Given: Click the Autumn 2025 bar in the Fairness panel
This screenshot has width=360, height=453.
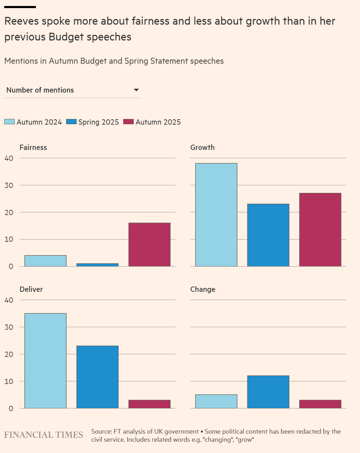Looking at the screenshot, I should pyautogui.click(x=149, y=244).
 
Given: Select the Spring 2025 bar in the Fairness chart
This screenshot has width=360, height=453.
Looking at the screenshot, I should pyautogui.click(x=97, y=265).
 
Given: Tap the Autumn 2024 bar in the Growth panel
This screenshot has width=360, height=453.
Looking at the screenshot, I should pyautogui.click(x=216, y=215).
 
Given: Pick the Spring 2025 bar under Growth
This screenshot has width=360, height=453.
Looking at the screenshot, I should pyautogui.click(x=268, y=235).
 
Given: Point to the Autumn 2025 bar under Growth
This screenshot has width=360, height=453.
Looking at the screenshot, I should pyautogui.click(x=320, y=229).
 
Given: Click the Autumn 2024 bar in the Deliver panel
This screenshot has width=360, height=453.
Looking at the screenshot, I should pyautogui.click(x=45, y=360).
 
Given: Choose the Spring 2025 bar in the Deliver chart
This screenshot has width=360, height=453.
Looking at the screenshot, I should pyautogui.click(x=97, y=377).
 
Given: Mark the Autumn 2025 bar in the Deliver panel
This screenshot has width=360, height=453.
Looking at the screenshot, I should pyautogui.click(x=149, y=404).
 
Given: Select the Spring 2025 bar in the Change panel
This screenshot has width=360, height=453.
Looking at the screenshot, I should pyautogui.click(x=268, y=392).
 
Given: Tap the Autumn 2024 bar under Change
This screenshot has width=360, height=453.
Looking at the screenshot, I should pyautogui.click(x=216, y=401).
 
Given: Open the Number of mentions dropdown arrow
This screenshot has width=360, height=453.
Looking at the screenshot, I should pyautogui.click(x=137, y=90).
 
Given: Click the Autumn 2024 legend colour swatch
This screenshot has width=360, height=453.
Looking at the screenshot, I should pyautogui.click(x=10, y=122).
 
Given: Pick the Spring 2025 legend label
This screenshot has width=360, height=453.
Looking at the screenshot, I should pyautogui.click(x=99, y=122).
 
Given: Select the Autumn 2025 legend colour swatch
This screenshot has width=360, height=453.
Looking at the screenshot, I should pyautogui.click(x=129, y=122).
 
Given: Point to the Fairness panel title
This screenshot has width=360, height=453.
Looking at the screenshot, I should pyautogui.click(x=33, y=147).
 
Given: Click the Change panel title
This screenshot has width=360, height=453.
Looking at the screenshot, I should pyautogui.click(x=203, y=289).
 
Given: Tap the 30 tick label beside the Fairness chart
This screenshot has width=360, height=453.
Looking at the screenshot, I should pyautogui.click(x=9, y=185).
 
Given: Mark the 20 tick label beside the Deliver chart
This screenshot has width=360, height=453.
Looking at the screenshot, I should pyautogui.click(x=9, y=354).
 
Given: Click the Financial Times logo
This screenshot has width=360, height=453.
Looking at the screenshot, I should pyautogui.click(x=44, y=435).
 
